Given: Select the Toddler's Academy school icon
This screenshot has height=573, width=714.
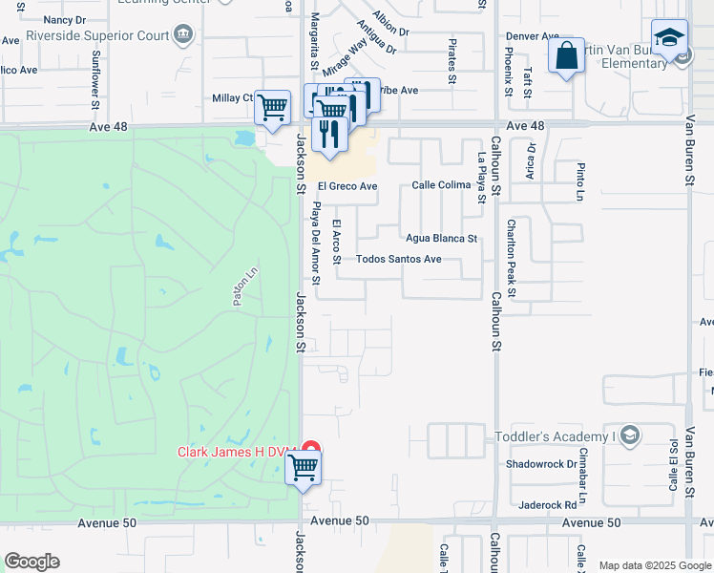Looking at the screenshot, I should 629,436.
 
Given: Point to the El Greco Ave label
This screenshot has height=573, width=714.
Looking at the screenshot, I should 348,186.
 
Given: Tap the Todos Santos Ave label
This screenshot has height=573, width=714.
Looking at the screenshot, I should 398,259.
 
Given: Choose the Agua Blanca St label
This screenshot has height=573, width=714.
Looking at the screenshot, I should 441,239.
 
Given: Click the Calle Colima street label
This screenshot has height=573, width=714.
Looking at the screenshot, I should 442,186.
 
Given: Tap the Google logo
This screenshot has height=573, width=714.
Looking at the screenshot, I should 31,562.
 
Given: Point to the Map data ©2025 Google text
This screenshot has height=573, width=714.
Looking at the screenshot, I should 653,565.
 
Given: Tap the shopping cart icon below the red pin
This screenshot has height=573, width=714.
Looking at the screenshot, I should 304,468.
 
